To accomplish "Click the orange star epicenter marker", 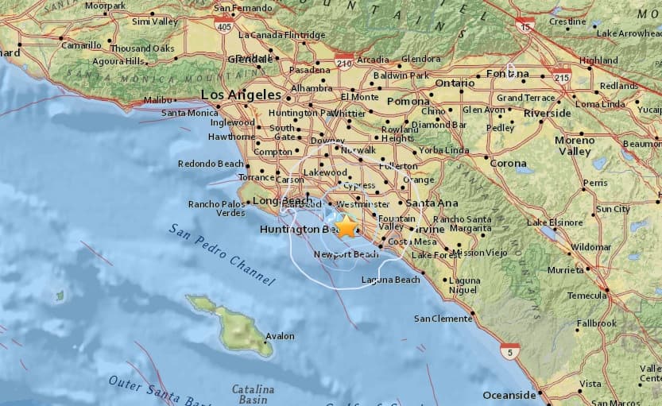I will pos(346,226).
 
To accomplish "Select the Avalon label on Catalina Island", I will pos(280,336).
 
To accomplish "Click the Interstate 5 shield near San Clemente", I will pos(509,350).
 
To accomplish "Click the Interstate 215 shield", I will pos(561,75).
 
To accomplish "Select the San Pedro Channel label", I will pos(222,253).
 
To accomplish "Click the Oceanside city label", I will pos(509,395).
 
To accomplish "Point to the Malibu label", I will pos(158,100).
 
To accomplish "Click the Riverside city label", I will pos(547,113).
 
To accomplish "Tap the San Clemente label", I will pos(443,319).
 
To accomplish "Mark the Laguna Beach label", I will pos(390,280).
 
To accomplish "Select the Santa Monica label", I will pos(190,113).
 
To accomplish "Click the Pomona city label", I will pos(408,102).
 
